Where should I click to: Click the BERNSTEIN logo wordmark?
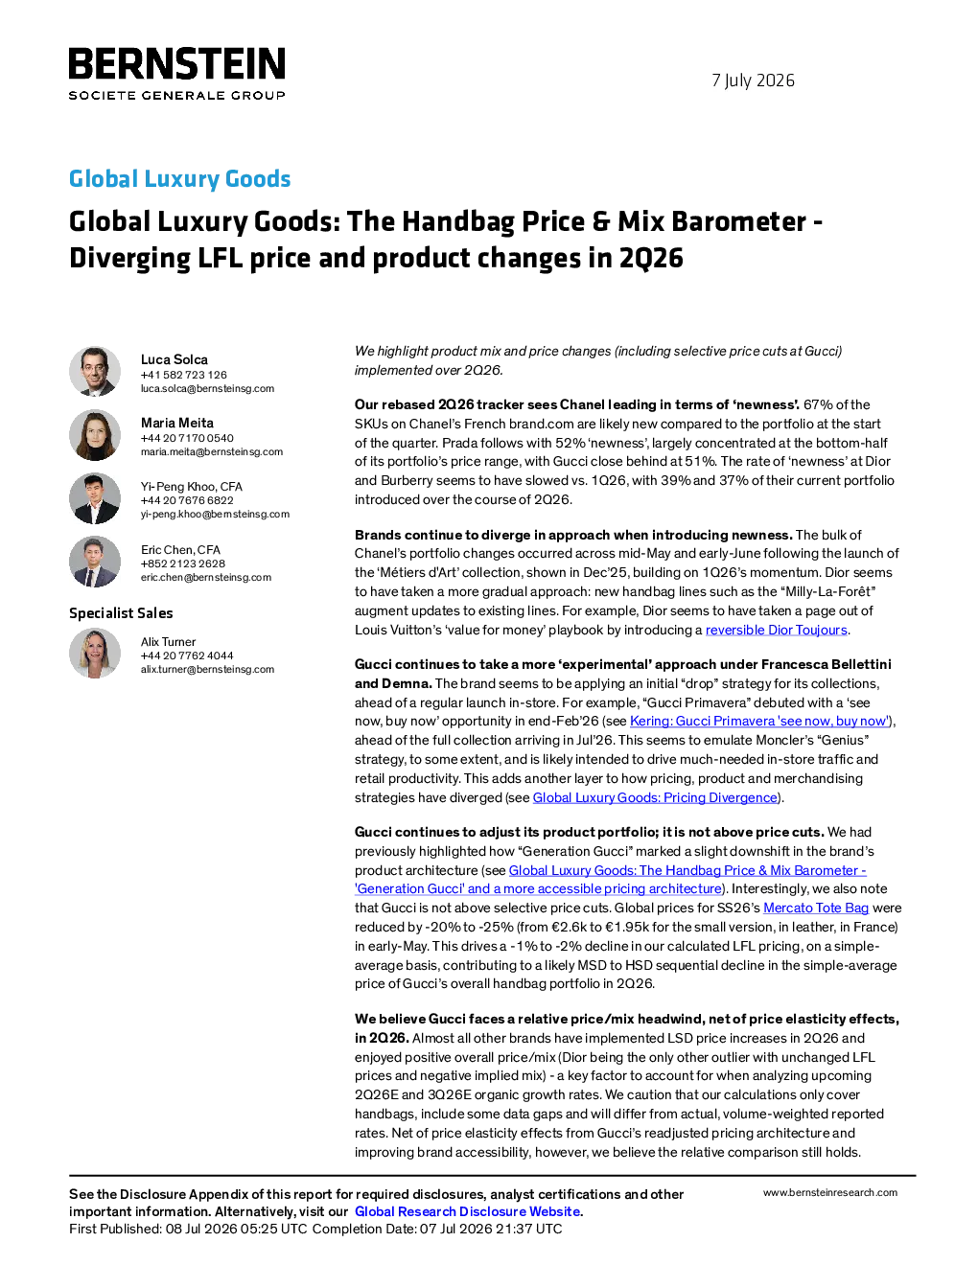point(176,63)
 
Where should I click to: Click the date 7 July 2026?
point(753,80)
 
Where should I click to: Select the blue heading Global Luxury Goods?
point(179,178)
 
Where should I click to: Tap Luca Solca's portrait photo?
point(95,372)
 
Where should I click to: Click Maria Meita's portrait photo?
point(95,435)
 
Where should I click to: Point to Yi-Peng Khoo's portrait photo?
point(95,498)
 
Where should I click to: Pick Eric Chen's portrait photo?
point(95,562)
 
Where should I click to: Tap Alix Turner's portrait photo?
point(95,654)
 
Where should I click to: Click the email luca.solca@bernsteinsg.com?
point(207,388)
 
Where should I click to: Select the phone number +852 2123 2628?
point(183,563)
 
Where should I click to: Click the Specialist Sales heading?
point(121,613)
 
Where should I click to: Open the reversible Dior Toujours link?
point(776,630)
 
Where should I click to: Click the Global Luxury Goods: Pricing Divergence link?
point(655,797)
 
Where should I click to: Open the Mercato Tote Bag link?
point(816,908)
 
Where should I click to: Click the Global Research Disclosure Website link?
point(468,1211)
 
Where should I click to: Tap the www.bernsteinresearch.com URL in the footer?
point(830,1193)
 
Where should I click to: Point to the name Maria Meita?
point(177,423)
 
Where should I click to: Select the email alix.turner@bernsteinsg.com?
point(207,670)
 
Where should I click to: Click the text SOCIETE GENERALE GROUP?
point(176,95)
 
